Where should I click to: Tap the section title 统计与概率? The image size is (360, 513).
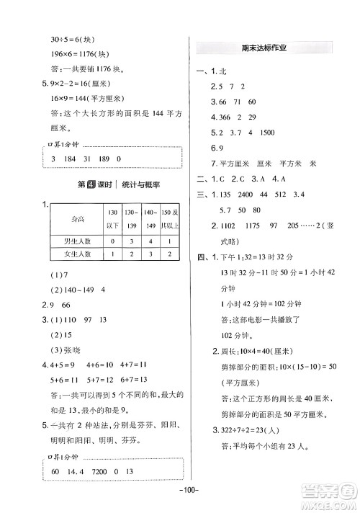(137, 185)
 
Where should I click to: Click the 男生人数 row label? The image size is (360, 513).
(73, 241)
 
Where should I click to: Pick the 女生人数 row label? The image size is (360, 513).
(73, 254)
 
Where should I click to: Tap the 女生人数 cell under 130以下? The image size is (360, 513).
(112, 254)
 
